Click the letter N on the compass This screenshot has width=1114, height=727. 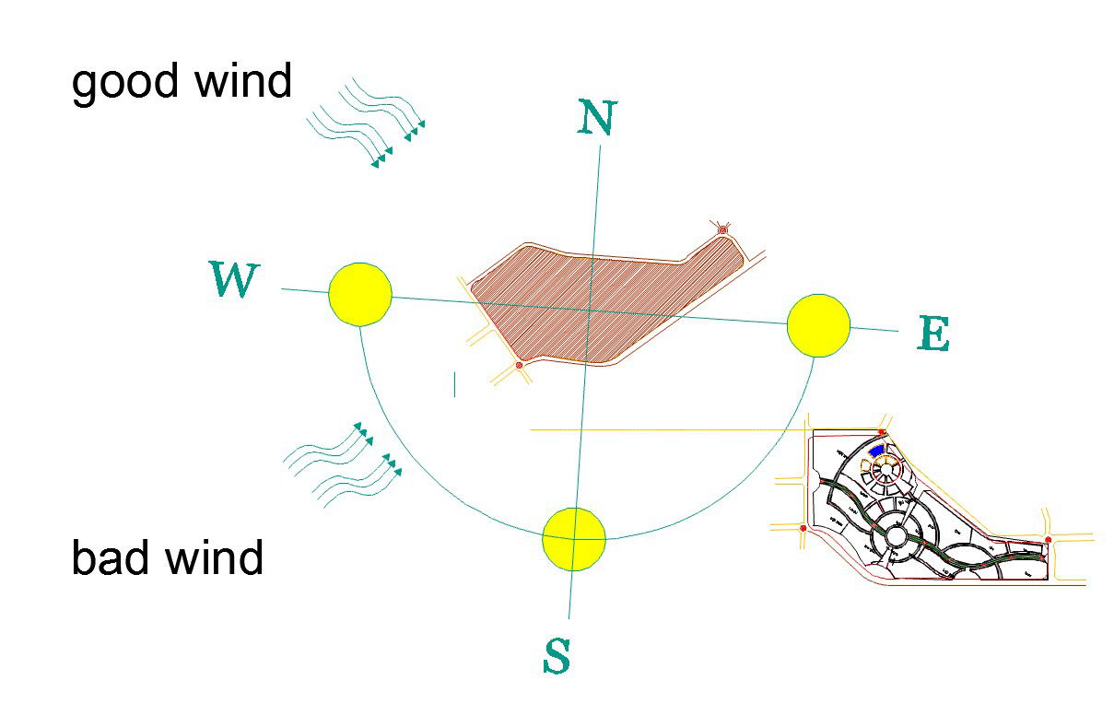[596, 117]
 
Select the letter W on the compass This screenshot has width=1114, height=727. [234, 279]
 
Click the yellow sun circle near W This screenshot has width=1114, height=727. [360, 294]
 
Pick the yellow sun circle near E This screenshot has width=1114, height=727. [818, 325]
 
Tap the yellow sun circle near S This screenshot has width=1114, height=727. [573, 538]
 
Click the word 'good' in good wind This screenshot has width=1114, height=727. [123, 83]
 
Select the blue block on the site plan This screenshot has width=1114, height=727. [876, 452]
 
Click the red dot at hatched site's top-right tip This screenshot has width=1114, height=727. [723, 229]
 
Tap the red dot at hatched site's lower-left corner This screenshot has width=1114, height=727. [519, 366]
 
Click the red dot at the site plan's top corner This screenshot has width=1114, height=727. [882, 432]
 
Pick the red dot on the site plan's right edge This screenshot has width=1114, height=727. [1048, 538]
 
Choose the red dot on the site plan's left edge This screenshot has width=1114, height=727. [803, 528]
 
